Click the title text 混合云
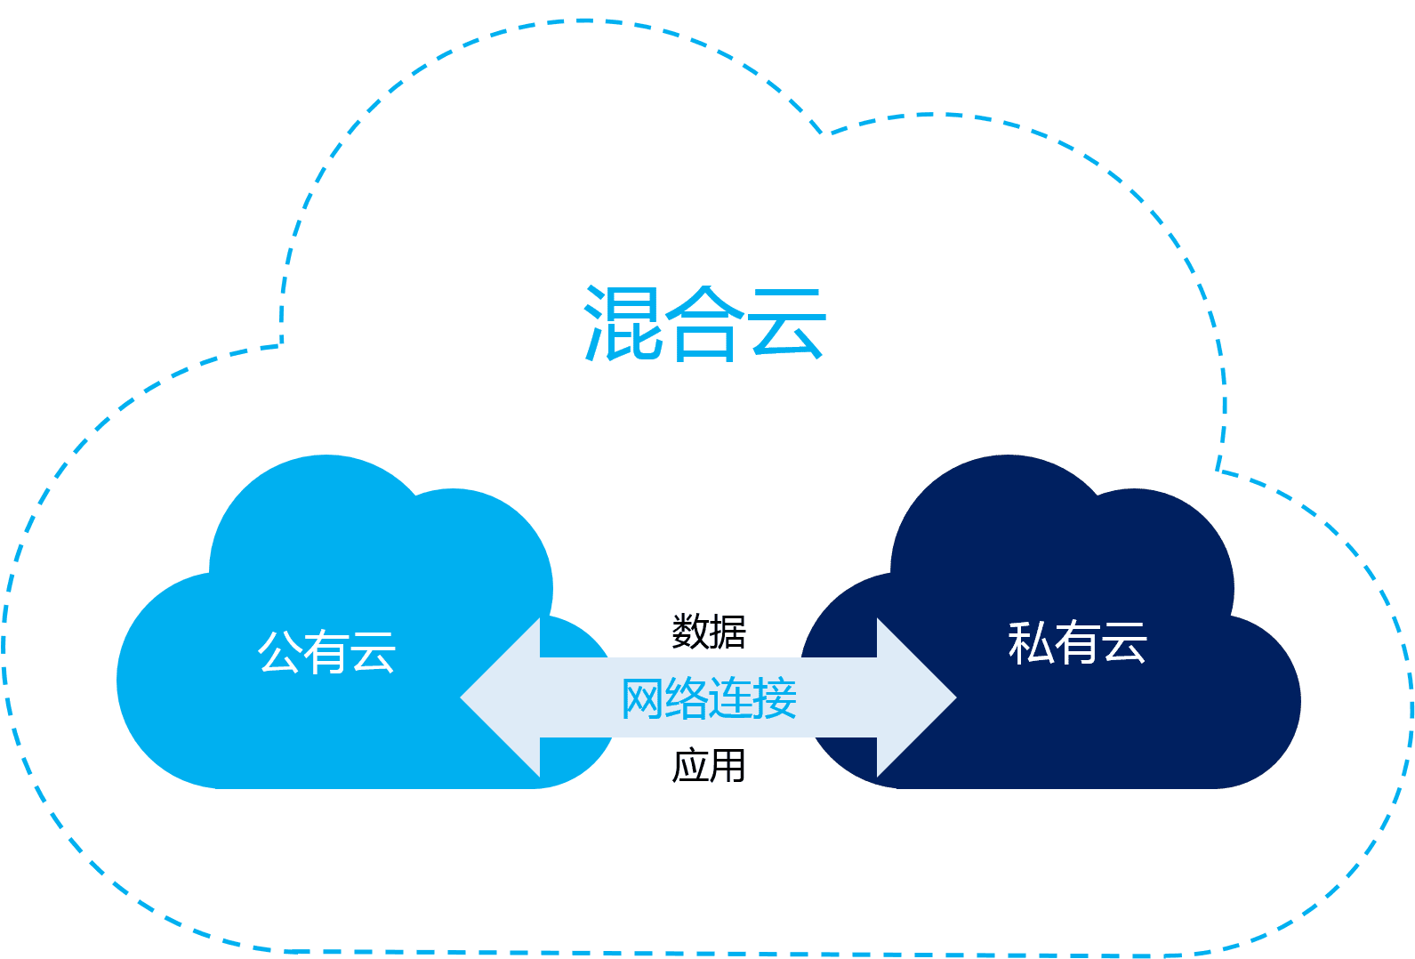pos(704,324)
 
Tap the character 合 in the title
pos(704,326)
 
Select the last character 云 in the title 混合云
pos(786,324)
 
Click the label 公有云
pos(326,652)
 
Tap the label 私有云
pos(1077,642)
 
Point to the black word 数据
pos(709,632)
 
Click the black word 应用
pos(709,766)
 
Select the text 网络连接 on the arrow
pos(709,698)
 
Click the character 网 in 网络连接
pos(642,698)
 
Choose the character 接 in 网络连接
pos(776,698)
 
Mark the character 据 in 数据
pos(728,632)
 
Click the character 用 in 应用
pos(728,766)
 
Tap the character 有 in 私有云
pos(1077,642)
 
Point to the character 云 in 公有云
pos(374,652)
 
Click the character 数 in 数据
pos(690,632)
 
